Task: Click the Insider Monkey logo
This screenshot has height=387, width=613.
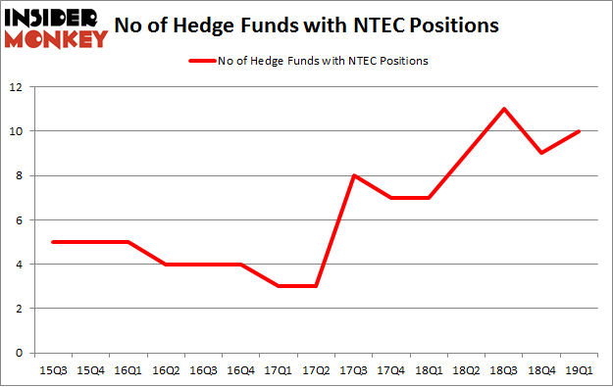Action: pos(55,26)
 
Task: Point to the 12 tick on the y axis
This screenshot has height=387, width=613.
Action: pos(19,86)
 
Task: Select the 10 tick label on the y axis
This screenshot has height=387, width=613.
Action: pos(19,131)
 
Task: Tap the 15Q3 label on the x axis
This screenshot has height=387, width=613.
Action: pos(52,369)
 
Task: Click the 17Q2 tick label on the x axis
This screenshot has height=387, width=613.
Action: pos(315,369)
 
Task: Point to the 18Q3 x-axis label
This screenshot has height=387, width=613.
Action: pos(503,369)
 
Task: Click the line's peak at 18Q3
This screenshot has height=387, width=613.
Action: pos(503,109)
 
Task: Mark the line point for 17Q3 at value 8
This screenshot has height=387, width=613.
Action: pos(353,175)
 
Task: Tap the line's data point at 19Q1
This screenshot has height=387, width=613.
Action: pos(579,131)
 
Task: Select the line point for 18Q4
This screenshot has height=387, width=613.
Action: pos(540,153)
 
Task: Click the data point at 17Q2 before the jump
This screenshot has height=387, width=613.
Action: pos(315,286)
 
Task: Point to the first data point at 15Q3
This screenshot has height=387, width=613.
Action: pos(52,242)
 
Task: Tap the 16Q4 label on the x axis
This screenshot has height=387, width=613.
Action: pos(240,369)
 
